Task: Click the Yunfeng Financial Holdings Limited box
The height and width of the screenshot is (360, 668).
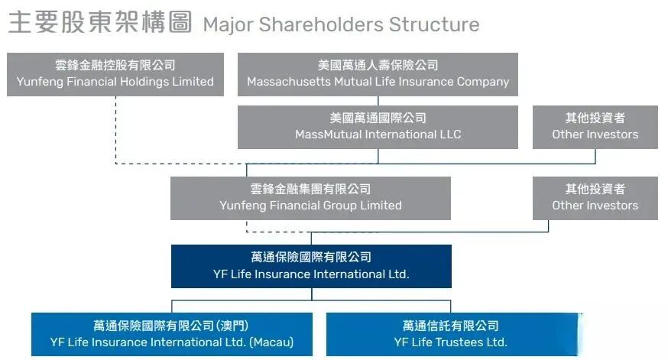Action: pos(115,74)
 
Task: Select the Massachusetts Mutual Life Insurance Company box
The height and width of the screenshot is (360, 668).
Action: pos(378,74)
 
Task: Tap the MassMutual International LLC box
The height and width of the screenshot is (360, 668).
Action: pos(378,127)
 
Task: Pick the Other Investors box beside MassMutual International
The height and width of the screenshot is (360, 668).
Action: pos(595,127)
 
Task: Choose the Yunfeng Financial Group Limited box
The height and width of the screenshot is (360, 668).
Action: pos(310,198)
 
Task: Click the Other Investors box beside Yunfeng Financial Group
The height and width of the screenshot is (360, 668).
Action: pos(595,198)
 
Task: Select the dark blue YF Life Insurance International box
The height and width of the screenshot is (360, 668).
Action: pos(311,266)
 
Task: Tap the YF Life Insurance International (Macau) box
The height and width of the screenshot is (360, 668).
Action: pos(172,334)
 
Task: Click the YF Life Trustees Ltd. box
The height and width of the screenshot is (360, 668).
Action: pos(450,334)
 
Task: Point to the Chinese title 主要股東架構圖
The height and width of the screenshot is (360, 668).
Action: pos(99,23)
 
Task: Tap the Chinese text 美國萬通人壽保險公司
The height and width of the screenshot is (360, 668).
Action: pos(378,66)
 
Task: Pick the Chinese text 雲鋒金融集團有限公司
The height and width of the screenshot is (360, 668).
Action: pos(310,189)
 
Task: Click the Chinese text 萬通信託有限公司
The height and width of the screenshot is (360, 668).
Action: pos(450,326)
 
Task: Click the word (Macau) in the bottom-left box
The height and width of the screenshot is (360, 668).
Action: pos(271,342)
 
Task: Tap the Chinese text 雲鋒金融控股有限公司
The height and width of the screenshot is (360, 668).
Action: pos(115,66)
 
